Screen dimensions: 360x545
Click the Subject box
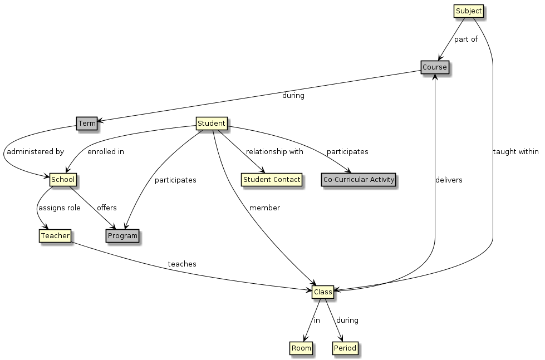(468, 11)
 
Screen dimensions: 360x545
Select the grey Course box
(434, 67)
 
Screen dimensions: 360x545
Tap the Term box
(86, 123)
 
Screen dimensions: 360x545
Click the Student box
(212, 123)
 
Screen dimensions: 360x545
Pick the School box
(63, 180)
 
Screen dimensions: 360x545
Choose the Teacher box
(55, 236)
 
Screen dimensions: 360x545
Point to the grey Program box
(122, 236)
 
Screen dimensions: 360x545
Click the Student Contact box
(272, 180)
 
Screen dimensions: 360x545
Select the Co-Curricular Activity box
(359, 180)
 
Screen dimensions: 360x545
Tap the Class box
(323, 292)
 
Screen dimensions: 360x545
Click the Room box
(301, 348)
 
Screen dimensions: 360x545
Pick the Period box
(345, 348)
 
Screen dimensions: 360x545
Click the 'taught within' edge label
(515, 151)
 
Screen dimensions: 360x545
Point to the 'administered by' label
(35, 151)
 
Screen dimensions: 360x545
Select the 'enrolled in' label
(105, 151)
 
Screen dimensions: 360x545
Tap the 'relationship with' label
(274, 151)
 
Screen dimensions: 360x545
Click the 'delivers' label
(449, 180)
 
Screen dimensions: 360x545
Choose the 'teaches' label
(182, 264)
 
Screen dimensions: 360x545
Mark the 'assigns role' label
(59, 208)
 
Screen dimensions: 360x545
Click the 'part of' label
(466, 39)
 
